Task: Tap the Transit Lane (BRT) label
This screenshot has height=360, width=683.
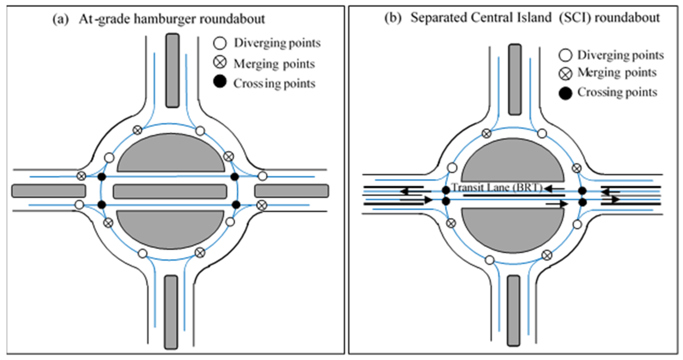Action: (x=496, y=187)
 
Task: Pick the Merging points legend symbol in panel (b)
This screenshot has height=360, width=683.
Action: (x=565, y=74)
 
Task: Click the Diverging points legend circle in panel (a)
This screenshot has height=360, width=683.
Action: (x=220, y=43)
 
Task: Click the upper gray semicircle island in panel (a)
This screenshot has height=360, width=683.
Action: (x=171, y=155)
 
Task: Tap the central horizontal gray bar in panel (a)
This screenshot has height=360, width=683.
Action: (x=170, y=191)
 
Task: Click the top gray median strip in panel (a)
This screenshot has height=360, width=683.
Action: (x=172, y=70)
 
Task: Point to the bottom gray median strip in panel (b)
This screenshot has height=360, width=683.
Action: (x=514, y=310)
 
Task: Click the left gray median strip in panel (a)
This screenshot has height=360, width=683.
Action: (x=48, y=191)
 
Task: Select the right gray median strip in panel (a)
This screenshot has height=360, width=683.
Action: (x=292, y=191)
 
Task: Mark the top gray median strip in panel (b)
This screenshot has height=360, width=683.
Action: (x=515, y=80)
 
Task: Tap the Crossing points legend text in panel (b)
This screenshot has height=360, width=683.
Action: (x=617, y=92)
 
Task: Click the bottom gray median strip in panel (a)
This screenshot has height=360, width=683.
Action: (x=171, y=312)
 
